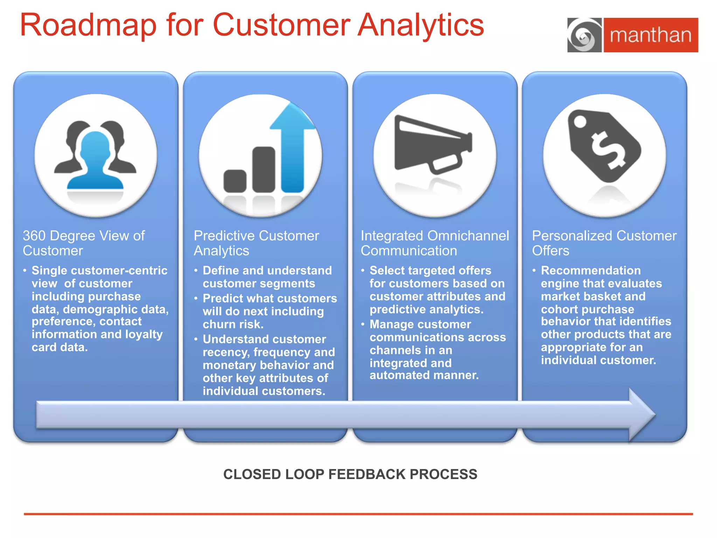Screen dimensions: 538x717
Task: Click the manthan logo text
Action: coord(650,35)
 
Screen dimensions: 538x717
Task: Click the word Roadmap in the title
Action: coord(88,25)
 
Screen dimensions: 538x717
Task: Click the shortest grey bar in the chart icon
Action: coord(235,181)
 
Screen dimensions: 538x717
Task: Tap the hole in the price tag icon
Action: coord(580,122)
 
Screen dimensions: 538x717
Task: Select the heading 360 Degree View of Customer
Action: coord(84,243)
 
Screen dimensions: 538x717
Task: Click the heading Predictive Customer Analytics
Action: coord(256,243)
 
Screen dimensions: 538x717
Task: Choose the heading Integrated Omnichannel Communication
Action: coord(434,243)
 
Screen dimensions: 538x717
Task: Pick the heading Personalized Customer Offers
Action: coord(604,243)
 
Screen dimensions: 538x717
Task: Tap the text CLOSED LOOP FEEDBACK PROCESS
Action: coord(350,474)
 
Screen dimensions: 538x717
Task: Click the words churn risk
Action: coord(233,324)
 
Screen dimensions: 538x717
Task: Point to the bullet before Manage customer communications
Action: coord(363,324)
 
